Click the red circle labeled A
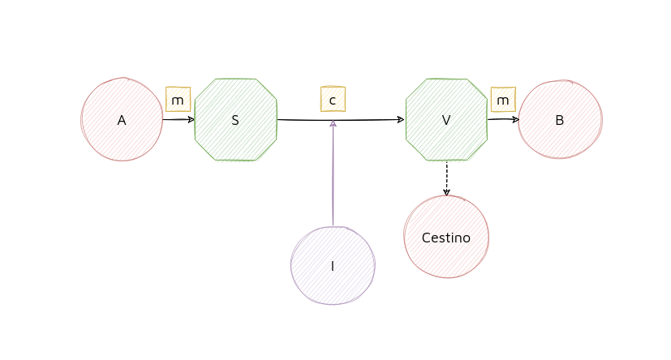[122, 119]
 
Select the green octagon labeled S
[236, 120]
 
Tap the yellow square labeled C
[333, 99]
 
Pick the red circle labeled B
[560, 119]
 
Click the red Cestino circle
[446, 236]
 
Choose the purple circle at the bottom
[333, 265]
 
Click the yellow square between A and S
[178, 99]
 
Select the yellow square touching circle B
[503, 99]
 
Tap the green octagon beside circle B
[446, 120]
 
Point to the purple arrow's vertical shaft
[333, 178]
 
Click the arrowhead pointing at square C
[333, 123]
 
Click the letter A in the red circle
[122, 120]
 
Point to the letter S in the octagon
[236, 120]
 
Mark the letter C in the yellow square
[333, 100]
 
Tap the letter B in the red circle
[560, 120]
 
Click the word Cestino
[446, 238]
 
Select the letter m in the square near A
[178, 100]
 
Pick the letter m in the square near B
[503, 100]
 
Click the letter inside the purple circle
[333, 266]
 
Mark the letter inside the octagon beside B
[446, 121]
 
